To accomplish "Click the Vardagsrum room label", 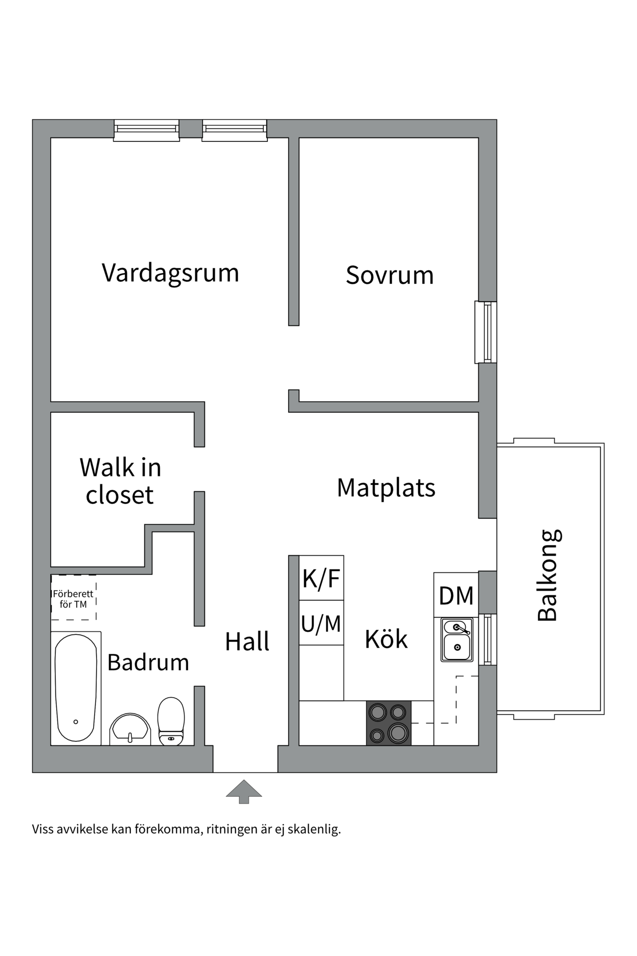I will pyautogui.click(x=170, y=273).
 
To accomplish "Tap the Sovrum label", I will pyautogui.click(x=389, y=275).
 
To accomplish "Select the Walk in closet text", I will pyautogui.click(x=120, y=481).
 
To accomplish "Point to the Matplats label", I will pyautogui.click(x=386, y=488).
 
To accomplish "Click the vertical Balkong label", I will pyautogui.click(x=548, y=576).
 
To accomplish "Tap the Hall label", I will pyautogui.click(x=247, y=642).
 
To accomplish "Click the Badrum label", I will pyautogui.click(x=148, y=663).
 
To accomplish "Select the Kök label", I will pyautogui.click(x=386, y=639).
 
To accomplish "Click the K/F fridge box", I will pyautogui.click(x=321, y=579).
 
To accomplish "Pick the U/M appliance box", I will pyautogui.click(x=321, y=623).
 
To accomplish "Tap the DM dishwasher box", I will pyautogui.click(x=456, y=596).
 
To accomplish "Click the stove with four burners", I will pyautogui.click(x=389, y=723).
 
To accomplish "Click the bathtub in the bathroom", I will pyautogui.click(x=76, y=688).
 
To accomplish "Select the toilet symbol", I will pyautogui.click(x=171, y=721).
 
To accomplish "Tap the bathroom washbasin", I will pyautogui.click(x=130, y=729).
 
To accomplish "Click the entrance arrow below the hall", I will pyautogui.click(x=244, y=791).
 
